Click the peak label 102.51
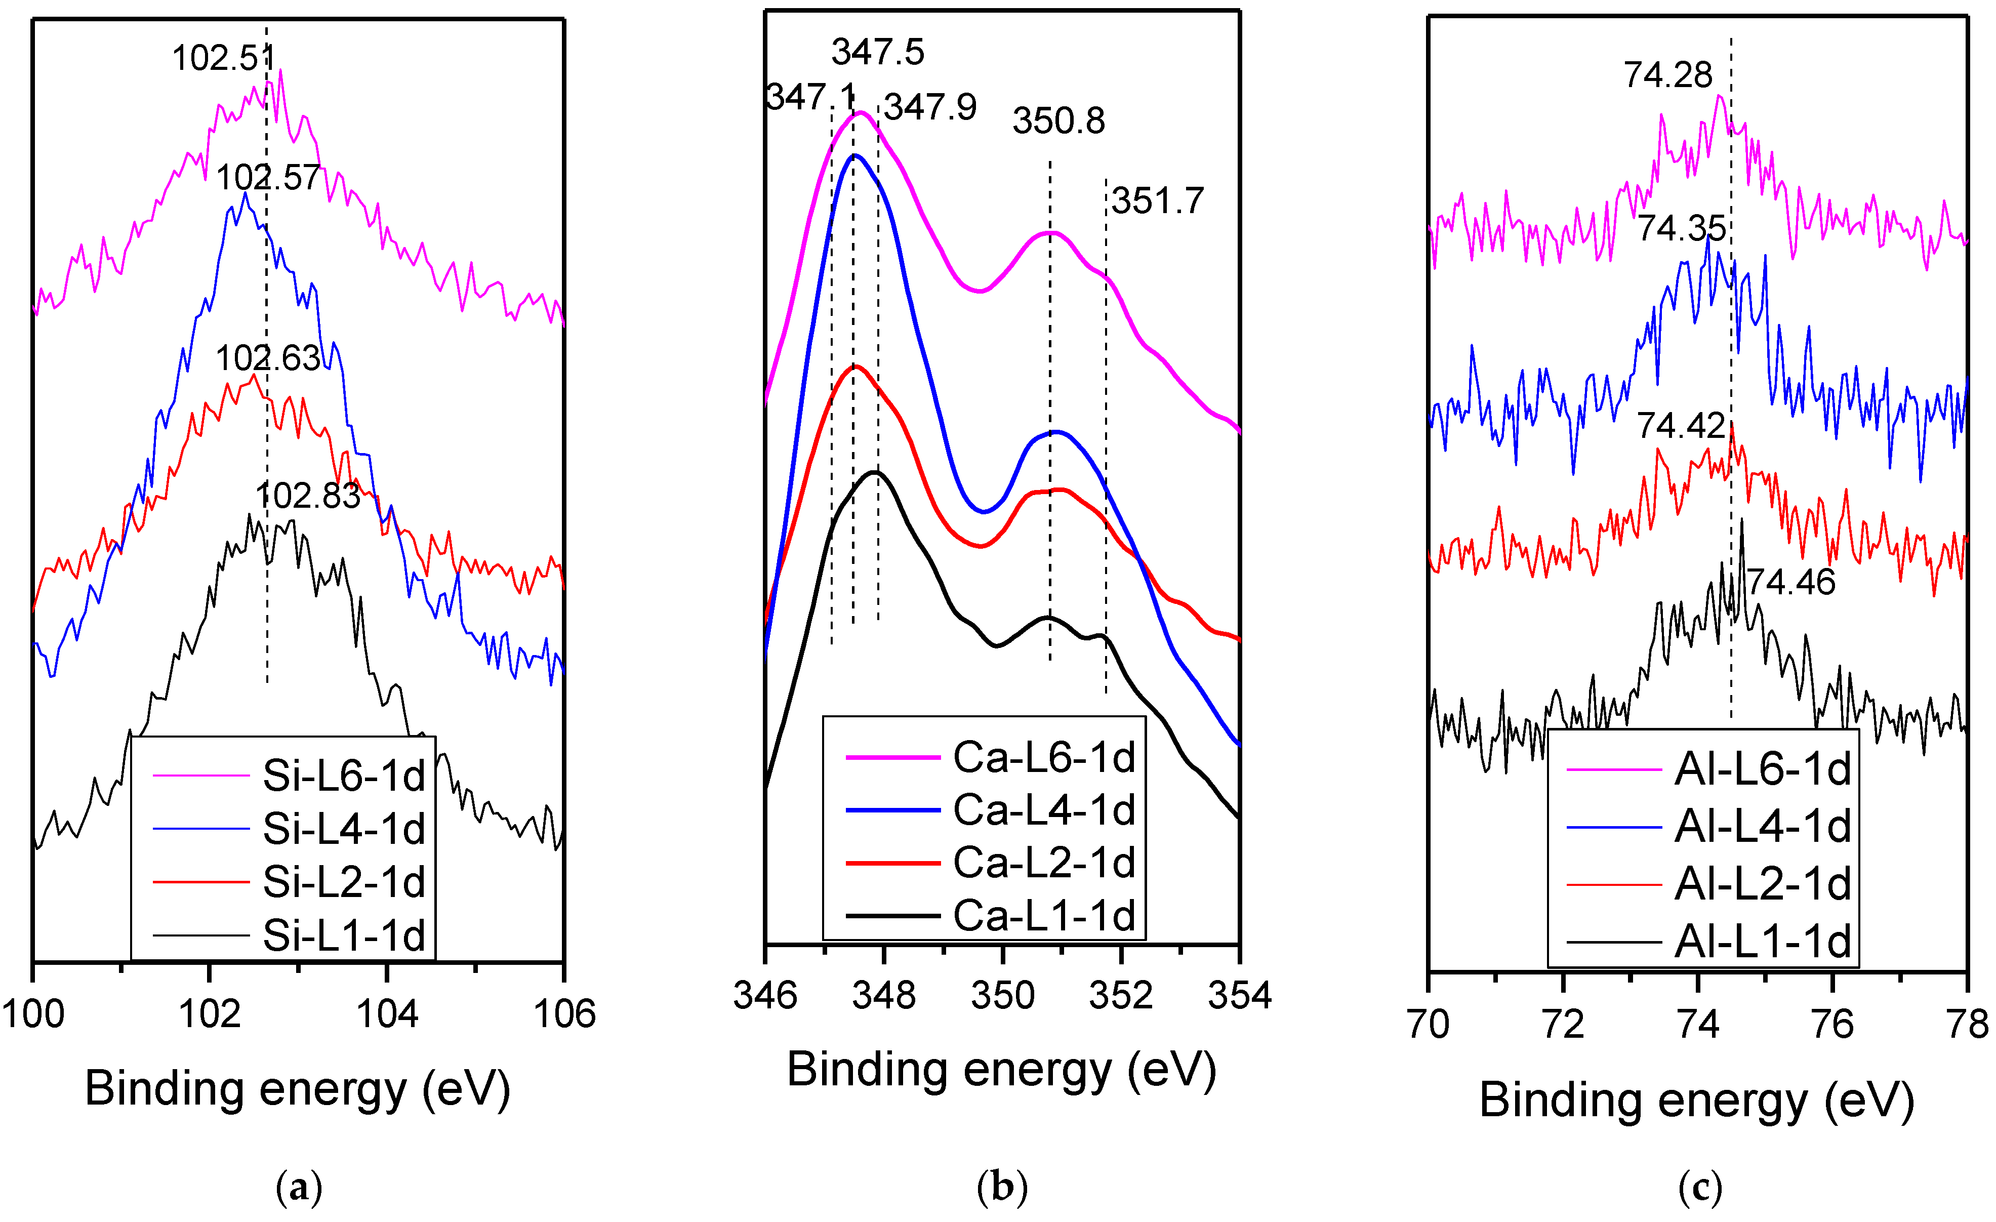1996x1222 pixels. point(224,58)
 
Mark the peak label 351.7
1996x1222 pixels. point(1158,201)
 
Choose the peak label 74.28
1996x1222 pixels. point(1668,75)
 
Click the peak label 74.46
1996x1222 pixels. point(1790,582)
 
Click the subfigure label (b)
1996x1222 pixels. point(1003,1187)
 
